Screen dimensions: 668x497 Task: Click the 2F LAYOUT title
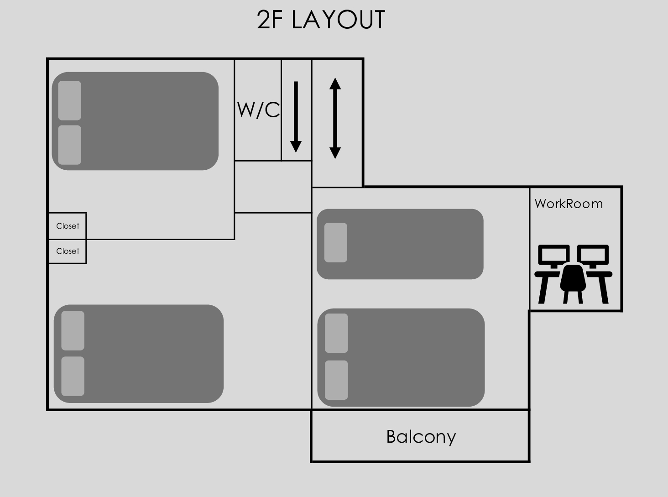click(x=321, y=19)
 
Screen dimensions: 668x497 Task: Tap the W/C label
click(x=258, y=110)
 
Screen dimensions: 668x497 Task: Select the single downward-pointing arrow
click(x=296, y=117)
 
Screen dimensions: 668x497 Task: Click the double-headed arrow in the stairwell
click(x=335, y=118)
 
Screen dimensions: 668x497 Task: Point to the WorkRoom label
click(x=569, y=204)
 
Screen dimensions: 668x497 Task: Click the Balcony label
click(x=421, y=437)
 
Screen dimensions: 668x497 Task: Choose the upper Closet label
click(x=68, y=226)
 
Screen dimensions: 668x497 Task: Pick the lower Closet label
click(x=68, y=251)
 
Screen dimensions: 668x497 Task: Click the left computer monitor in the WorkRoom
click(x=554, y=256)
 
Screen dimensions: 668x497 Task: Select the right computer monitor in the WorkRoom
click(x=593, y=256)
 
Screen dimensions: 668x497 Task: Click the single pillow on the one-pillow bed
click(x=335, y=242)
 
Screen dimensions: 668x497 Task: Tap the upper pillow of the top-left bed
click(x=69, y=100)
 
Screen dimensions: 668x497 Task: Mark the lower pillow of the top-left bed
click(x=69, y=145)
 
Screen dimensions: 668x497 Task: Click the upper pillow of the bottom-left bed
click(x=73, y=330)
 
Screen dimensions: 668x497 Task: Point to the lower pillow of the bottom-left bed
click(x=73, y=376)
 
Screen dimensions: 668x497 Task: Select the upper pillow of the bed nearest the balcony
click(x=336, y=333)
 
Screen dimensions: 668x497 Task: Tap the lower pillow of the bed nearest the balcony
click(x=336, y=380)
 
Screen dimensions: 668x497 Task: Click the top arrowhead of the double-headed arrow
click(x=335, y=84)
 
